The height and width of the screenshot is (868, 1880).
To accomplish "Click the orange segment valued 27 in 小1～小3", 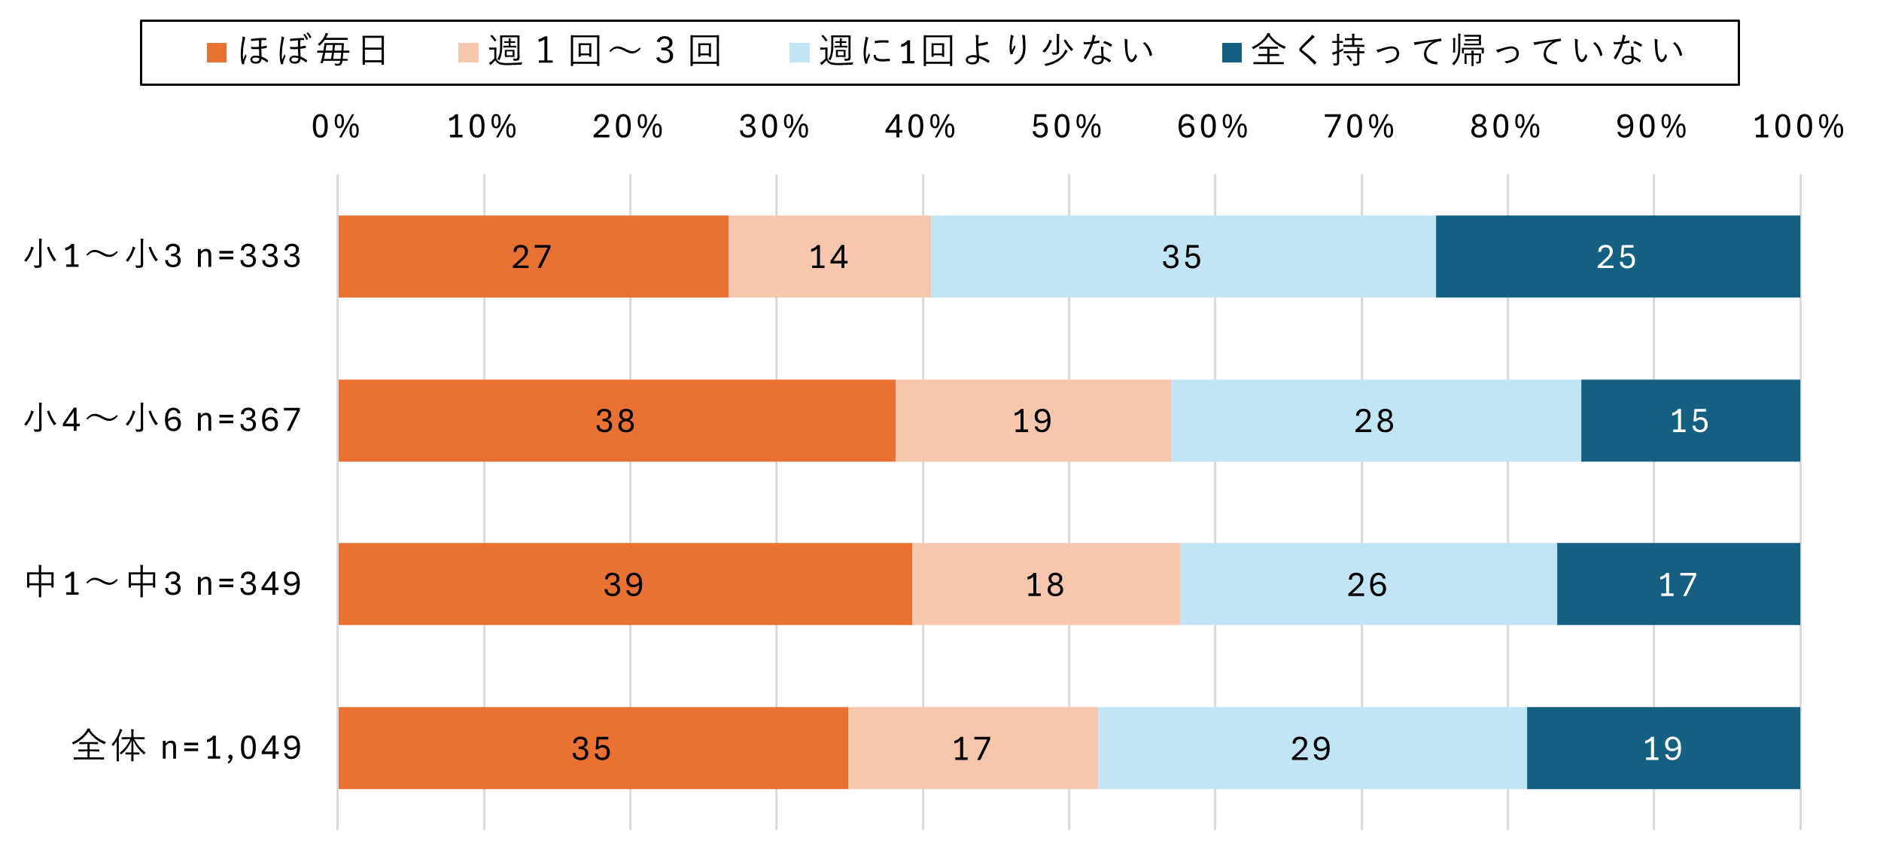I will (x=533, y=257).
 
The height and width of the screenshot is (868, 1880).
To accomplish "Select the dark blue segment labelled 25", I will (x=1617, y=257).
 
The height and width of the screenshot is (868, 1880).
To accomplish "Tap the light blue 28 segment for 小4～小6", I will (x=1375, y=421).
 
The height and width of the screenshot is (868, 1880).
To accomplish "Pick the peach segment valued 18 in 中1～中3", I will (x=1045, y=584).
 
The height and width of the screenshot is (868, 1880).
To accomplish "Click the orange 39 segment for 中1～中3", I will (x=625, y=584).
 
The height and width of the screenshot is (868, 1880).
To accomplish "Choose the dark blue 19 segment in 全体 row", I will (x=1663, y=748).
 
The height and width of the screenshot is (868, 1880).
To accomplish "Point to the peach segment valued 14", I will (x=829, y=257).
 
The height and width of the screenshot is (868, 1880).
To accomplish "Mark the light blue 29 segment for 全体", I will (x=1312, y=748).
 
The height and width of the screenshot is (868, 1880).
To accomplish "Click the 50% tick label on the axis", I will (x=1067, y=126).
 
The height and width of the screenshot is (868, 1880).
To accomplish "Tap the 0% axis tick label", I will (x=336, y=126).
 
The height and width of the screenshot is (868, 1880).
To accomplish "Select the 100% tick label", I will (x=1799, y=126).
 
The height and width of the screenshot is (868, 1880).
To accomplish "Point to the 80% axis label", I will (x=1506, y=126).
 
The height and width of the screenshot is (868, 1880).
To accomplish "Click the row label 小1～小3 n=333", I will (x=163, y=256).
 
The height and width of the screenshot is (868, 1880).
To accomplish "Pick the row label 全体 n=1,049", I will (x=187, y=748).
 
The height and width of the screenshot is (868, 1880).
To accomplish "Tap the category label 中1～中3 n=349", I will (x=163, y=583).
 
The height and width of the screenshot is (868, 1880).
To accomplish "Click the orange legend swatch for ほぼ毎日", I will (x=217, y=53).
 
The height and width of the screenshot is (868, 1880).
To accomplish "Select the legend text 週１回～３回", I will (x=605, y=51).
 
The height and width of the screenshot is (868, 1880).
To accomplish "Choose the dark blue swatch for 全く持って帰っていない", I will (x=1232, y=53).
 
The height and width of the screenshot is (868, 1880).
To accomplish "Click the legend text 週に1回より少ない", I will (x=987, y=51).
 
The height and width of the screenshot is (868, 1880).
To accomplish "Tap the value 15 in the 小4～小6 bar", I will (x=1690, y=421).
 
